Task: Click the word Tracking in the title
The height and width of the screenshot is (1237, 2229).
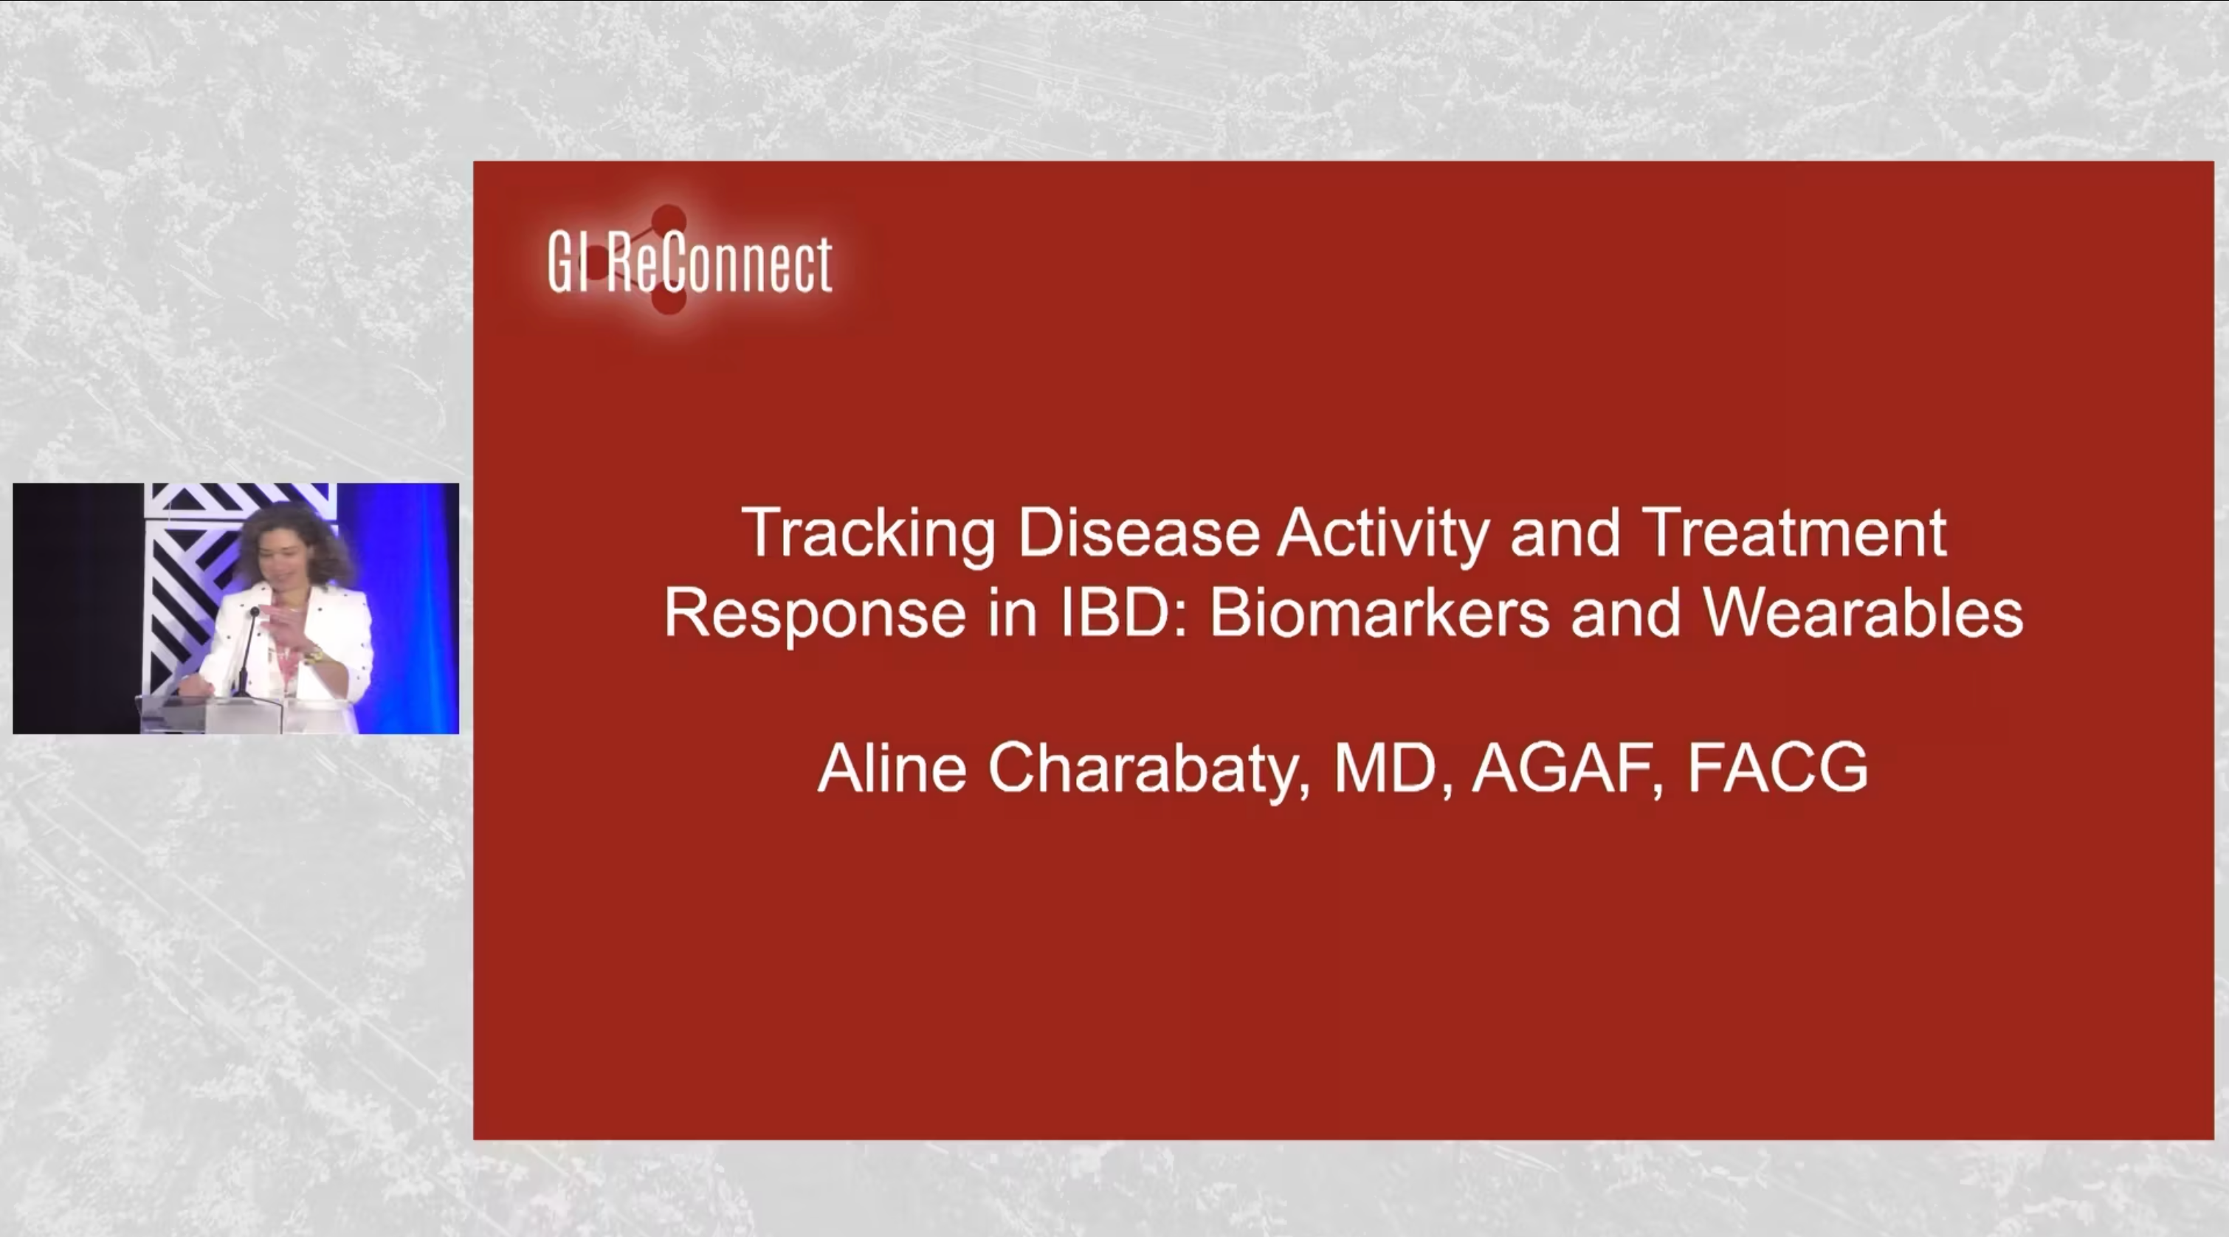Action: click(869, 534)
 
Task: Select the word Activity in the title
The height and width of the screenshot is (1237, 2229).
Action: click(1382, 534)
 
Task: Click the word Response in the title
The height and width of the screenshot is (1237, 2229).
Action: click(814, 614)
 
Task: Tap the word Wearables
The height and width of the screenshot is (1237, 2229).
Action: click(1863, 613)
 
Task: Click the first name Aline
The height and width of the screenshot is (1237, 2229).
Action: click(892, 768)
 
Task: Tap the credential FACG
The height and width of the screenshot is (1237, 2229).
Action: click(1777, 768)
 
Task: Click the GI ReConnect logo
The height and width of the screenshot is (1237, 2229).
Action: click(689, 263)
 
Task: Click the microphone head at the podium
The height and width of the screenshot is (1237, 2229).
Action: click(255, 613)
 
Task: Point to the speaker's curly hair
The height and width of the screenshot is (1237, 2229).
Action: click(294, 537)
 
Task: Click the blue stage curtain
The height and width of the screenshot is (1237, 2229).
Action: click(407, 605)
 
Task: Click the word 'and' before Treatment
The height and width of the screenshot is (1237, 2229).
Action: click(1565, 534)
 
